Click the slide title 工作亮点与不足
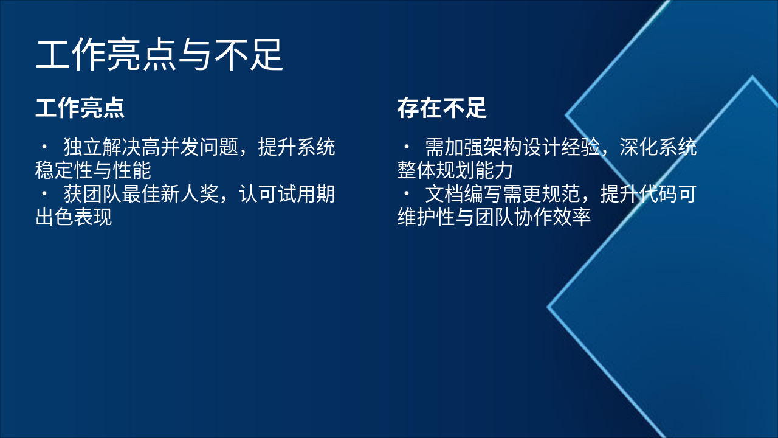(x=160, y=55)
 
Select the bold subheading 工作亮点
(x=80, y=108)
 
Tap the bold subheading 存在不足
(x=442, y=108)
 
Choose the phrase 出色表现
(x=74, y=217)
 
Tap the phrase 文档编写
(x=464, y=195)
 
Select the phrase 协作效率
(x=553, y=217)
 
